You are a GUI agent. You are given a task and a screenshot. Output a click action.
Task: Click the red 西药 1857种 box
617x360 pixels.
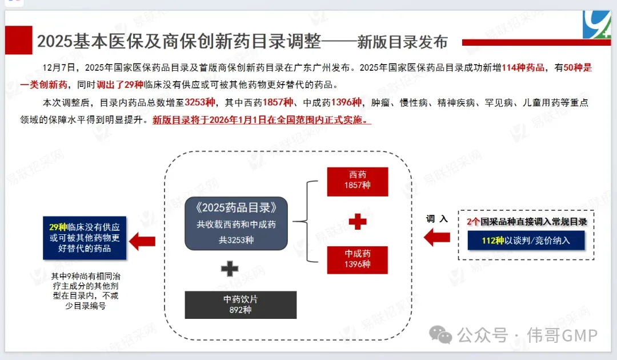[x=358, y=182]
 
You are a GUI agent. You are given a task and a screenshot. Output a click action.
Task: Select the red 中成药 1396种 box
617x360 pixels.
[x=358, y=260]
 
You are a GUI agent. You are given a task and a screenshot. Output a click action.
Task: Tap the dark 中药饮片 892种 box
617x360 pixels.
[x=241, y=305]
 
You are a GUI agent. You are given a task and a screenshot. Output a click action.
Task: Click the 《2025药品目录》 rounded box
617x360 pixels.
[x=236, y=223]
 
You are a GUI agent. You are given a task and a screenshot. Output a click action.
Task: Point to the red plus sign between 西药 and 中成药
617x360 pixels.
[x=358, y=222]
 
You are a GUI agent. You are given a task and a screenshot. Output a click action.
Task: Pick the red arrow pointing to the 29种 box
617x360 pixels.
[x=142, y=241]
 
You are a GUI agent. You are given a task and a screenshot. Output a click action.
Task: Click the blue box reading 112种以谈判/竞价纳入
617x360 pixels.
[x=526, y=241]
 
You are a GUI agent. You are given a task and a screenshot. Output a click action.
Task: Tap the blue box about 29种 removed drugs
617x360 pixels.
[x=85, y=238]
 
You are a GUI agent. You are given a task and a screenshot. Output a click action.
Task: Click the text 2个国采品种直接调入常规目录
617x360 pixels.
[x=527, y=222]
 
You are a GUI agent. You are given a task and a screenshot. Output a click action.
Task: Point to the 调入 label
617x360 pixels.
[x=437, y=218]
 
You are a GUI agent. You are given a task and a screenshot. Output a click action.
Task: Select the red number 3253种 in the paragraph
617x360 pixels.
[x=199, y=102]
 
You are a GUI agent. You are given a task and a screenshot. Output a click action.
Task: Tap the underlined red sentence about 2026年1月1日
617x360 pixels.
[x=262, y=121]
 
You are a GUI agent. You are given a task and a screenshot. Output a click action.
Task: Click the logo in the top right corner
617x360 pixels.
[x=596, y=25]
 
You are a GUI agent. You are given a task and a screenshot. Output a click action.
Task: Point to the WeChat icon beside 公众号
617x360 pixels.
[x=441, y=334]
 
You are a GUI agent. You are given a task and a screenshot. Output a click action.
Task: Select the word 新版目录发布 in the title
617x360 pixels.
[x=402, y=42]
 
